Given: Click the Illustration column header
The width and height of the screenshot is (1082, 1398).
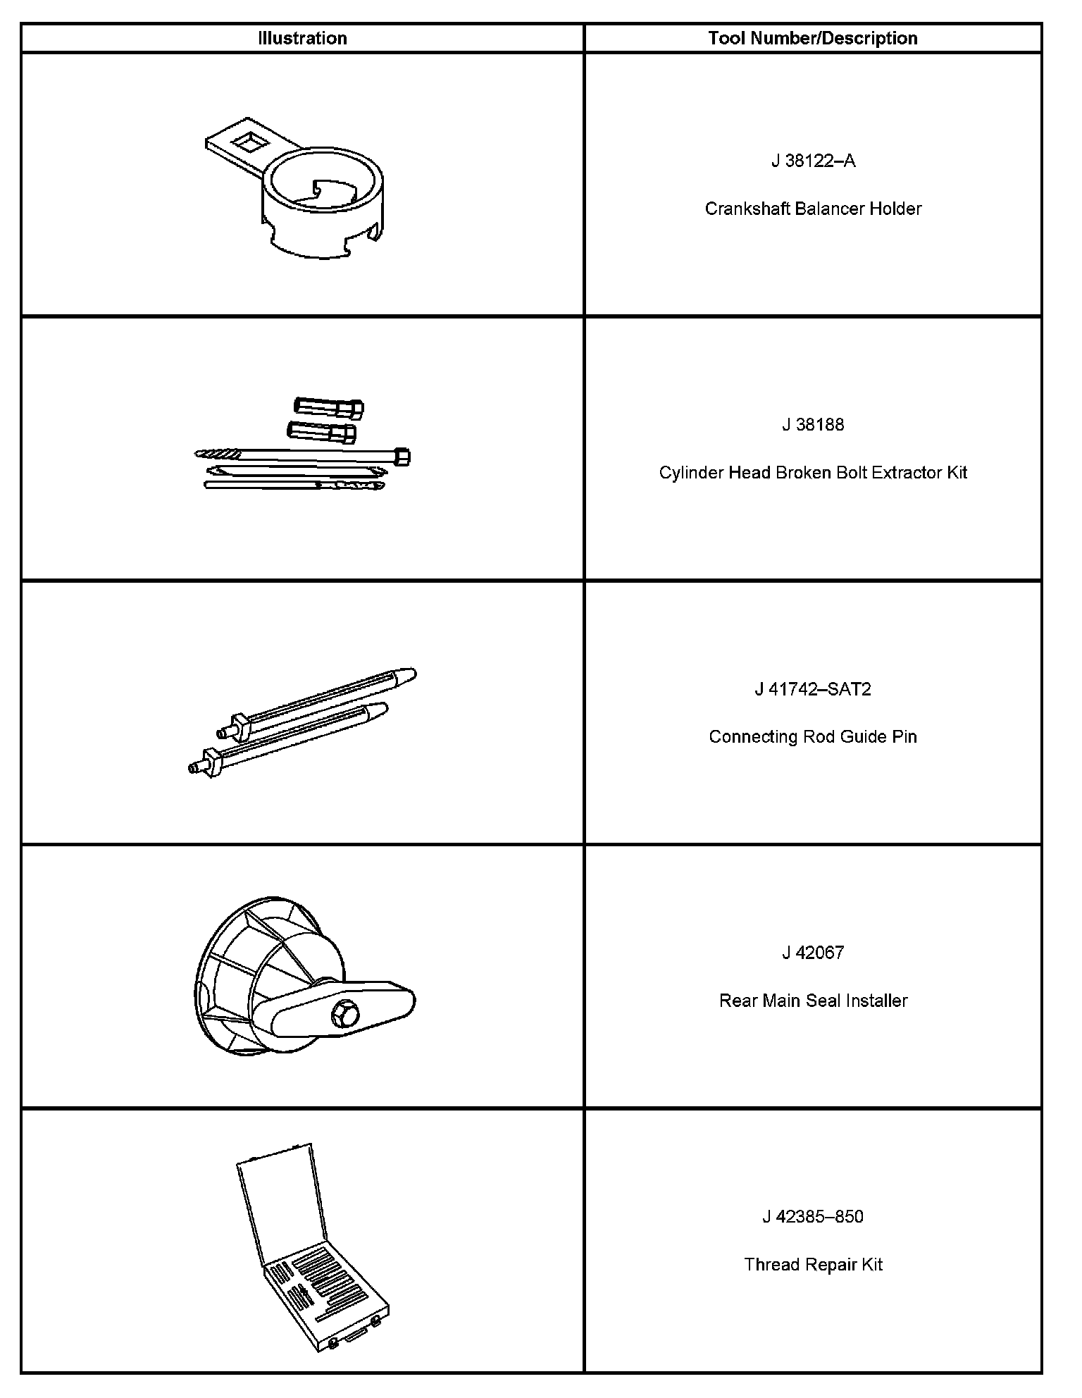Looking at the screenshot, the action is [x=302, y=38].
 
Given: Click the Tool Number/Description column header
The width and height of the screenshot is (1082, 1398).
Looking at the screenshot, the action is [x=813, y=38].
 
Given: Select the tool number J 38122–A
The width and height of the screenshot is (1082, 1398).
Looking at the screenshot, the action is [x=813, y=161].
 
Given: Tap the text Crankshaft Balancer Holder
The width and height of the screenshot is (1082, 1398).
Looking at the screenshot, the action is [x=813, y=209].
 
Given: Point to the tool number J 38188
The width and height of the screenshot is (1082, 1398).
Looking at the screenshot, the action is [x=813, y=425].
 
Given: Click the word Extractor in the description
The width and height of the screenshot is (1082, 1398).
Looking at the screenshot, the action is [x=907, y=473].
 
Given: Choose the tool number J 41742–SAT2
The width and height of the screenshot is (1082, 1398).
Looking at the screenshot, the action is [x=813, y=689].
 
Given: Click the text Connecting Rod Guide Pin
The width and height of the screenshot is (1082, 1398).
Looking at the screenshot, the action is [x=813, y=737].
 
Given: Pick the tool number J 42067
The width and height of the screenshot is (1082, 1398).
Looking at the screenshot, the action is [x=813, y=953].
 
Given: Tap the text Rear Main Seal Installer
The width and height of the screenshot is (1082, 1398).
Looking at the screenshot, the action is [x=813, y=1001].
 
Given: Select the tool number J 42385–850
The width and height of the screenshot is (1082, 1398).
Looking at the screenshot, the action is [x=813, y=1217].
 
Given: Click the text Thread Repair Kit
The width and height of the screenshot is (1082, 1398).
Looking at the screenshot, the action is [x=813, y=1265].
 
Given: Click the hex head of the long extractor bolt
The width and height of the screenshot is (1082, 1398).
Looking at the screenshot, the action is [x=403, y=457].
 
